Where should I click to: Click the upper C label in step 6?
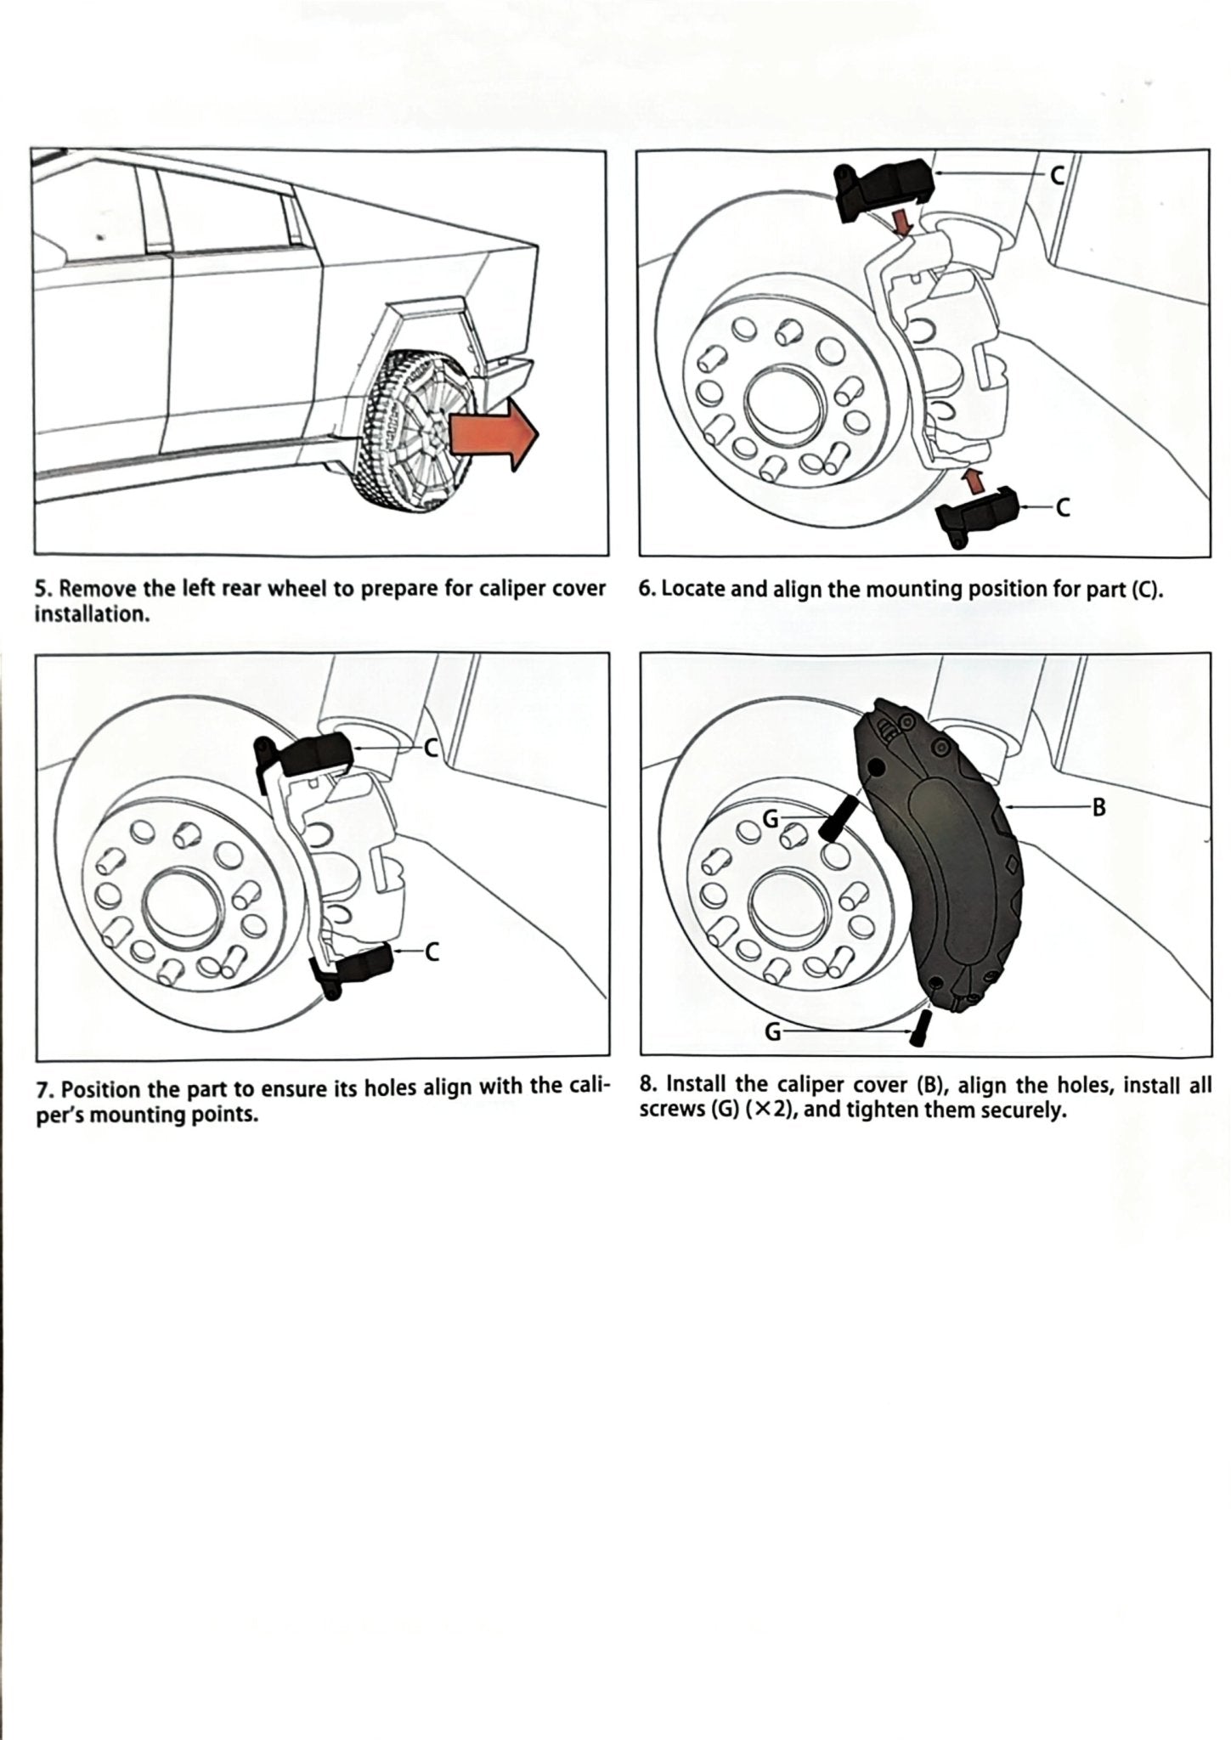pos(1057,175)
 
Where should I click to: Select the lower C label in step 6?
pos(1061,507)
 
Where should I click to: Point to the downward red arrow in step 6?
pos(906,223)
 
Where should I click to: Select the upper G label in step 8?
pos(771,817)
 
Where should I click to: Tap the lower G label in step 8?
pos(773,1031)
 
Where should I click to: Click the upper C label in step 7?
pos(431,748)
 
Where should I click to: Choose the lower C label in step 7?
pos(432,952)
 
